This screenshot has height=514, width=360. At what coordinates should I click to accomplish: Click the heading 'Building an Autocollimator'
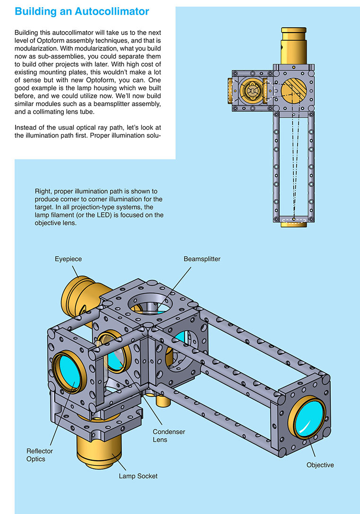point(82,12)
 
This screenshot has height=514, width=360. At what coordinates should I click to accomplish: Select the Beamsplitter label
point(202,259)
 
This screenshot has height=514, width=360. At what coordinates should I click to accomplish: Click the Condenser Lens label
point(169,436)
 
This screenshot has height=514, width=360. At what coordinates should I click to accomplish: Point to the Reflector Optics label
point(40,455)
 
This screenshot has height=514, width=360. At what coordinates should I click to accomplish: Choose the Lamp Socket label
point(138,476)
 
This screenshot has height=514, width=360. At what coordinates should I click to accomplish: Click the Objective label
point(320,465)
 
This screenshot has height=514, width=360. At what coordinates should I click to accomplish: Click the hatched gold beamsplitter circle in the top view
point(293,91)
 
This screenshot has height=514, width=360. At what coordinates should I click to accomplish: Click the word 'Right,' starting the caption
point(43,191)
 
